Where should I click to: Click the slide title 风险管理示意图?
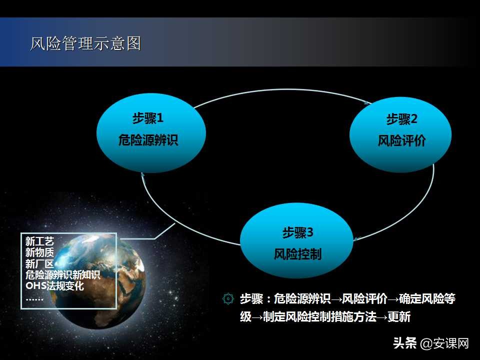(85, 43)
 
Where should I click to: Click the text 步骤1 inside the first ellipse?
(148, 118)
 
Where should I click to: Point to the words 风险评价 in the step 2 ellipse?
(401, 141)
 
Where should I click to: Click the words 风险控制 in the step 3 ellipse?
(297, 254)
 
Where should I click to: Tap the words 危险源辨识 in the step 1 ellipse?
(148, 140)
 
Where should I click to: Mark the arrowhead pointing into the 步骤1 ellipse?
(143, 174)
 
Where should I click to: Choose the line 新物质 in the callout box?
(39, 252)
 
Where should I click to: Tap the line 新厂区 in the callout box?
(39, 263)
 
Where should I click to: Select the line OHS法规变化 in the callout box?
(55, 286)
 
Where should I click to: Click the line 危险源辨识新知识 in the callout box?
(63, 275)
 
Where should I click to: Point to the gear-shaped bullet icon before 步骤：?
(228, 299)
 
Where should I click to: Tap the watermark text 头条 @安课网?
(430, 343)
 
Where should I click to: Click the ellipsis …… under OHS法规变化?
(34, 298)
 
